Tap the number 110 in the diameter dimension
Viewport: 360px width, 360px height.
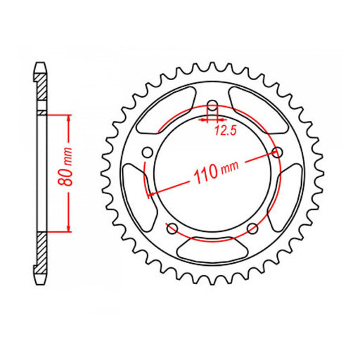click(205, 173)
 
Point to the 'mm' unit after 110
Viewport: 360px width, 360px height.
click(229, 167)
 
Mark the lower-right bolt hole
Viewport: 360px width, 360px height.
click(252, 226)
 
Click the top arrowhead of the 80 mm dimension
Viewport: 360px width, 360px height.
click(68, 117)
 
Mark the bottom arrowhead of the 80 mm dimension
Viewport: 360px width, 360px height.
click(68, 229)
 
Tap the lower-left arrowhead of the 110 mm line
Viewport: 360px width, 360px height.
click(149, 194)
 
